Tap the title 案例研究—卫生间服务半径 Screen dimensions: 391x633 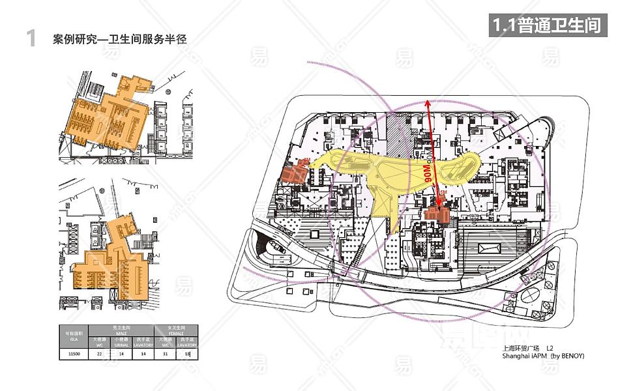[120, 39]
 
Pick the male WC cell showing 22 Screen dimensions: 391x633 [99, 354]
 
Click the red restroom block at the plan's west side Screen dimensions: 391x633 [295, 173]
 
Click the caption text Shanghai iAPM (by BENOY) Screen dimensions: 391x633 [543, 356]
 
